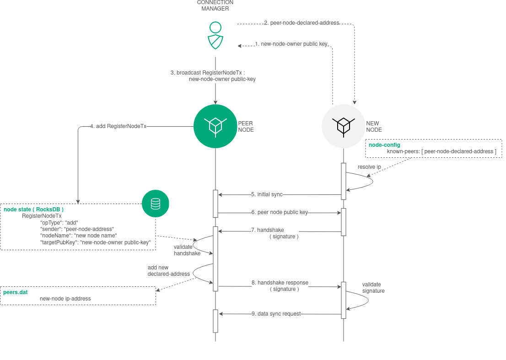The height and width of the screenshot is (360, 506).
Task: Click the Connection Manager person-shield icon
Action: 215,35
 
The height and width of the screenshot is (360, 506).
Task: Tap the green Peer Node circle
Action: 215,126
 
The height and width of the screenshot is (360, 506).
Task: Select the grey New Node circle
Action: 343,126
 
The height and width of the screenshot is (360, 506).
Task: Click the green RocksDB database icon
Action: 156,204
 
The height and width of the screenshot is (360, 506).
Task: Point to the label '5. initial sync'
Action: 267,194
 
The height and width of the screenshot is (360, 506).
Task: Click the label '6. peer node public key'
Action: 279,212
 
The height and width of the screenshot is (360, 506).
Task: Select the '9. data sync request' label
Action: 276,314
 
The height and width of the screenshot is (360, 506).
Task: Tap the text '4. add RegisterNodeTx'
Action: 118,126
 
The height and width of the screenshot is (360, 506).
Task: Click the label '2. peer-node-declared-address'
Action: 301,23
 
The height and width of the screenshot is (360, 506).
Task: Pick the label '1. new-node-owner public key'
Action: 291,44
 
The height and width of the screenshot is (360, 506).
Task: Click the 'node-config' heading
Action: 384,145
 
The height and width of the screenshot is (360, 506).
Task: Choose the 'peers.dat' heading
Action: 15,292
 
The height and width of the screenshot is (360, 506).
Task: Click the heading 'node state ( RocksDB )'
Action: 33,210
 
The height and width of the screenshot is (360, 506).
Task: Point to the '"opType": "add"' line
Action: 59,222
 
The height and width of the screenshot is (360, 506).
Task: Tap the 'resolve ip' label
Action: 369,167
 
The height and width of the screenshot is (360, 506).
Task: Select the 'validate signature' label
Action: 373,288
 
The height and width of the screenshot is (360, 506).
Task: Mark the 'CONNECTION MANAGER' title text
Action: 215,5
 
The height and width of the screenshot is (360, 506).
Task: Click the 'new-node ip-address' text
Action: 65,299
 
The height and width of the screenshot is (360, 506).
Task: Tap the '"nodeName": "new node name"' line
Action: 78,236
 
